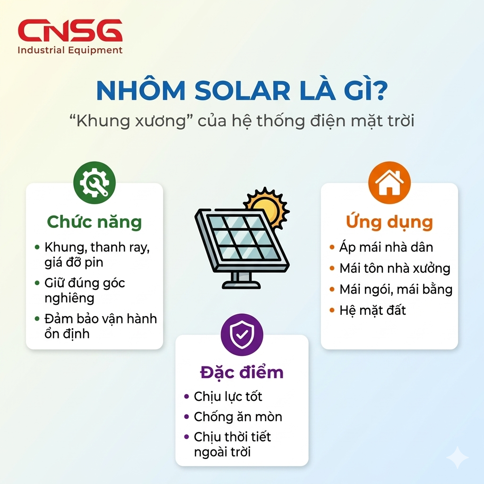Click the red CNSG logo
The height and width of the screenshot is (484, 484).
pyautogui.click(x=70, y=31)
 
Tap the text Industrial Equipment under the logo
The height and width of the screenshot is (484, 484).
pyautogui.click(x=70, y=50)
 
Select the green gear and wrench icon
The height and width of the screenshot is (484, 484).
pyautogui.click(x=94, y=183)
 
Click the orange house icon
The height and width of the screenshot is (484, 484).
pyautogui.click(x=389, y=183)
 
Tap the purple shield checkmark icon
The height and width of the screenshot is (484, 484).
pyautogui.click(x=242, y=335)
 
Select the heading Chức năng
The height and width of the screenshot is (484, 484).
pyautogui.click(x=94, y=222)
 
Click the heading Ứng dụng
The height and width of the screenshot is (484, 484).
pyautogui.click(x=389, y=221)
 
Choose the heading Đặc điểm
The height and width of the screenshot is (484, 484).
pyautogui.click(x=242, y=372)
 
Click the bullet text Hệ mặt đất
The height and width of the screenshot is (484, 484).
pyautogui.click(x=372, y=310)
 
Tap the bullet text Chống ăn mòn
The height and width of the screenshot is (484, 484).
pyautogui.click(x=238, y=417)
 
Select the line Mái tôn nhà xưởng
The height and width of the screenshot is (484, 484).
pyautogui.click(x=395, y=268)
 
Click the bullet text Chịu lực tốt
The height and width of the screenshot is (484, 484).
pyautogui.click(x=228, y=396)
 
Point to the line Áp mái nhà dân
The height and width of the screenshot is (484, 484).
pyautogui.click(x=386, y=247)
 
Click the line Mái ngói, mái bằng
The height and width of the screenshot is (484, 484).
pyautogui.click(x=396, y=289)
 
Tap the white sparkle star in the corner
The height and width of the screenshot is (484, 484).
pyautogui.click(x=457, y=457)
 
